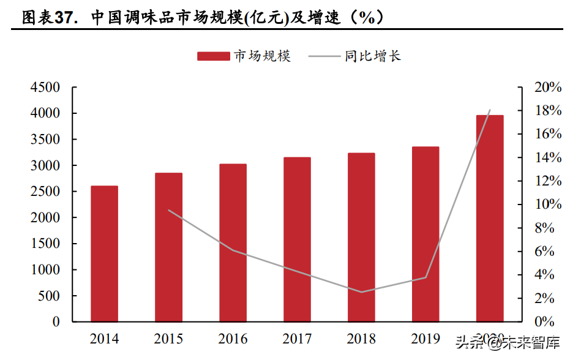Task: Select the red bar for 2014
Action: tap(104, 253)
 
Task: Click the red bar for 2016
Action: tap(233, 242)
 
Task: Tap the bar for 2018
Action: tap(361, 237)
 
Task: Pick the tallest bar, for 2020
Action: tap(490, 218)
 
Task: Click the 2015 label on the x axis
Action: tap(168, 339)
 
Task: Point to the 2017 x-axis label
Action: tap(297, 339)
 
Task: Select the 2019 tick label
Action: tap(426, 339)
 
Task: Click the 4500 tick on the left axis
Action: tap(45, 88)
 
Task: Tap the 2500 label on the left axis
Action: tap(45, 192)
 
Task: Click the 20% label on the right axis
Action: tap(547, 88)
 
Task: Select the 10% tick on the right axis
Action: tap(547, 204)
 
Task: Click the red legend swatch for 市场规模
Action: tap(213, 56)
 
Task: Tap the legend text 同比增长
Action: tap(372, 56)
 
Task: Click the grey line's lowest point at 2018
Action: tap(361, 292)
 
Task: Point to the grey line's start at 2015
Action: tap(168, 210)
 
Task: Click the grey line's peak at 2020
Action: tap(490, 110)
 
